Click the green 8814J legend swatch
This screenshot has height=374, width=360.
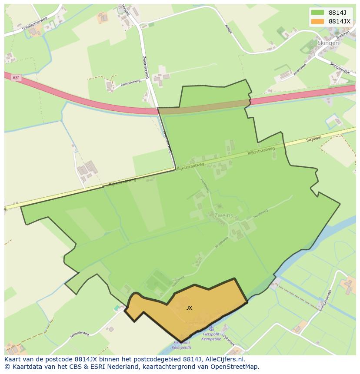pyautogui.click(x=317, y=12)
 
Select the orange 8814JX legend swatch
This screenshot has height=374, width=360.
pyautogui.click(x=317, y=21)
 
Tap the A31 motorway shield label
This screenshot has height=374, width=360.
pyautogui.click(x=16, y=78)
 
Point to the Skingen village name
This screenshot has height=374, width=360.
pyautogui.click(x=328, y=43)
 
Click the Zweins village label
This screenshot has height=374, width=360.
pyautogui.click(x=223, y=215)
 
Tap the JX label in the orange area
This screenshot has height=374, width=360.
pyautogui.click(x=189, y=308)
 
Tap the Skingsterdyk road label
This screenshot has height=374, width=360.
pyautogui.click(x=340, y=67)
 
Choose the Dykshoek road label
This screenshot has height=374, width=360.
pyautogui.click(x=228, y=338)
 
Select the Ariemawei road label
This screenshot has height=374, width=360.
pyautogui.click(x=300, y=70)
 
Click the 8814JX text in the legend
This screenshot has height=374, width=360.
pyautogui.click(x=340, y=21)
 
